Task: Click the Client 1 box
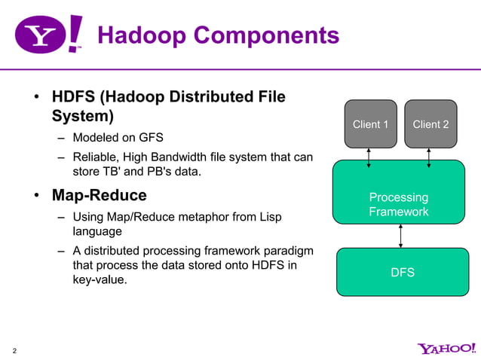tap(370, 124)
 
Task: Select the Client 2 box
tap(430, 124)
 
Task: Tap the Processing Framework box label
tap(398, 205)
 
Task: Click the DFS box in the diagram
tap(402, 272)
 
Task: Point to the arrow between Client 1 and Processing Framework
tap(369, 158)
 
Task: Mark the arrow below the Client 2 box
tap(429, 158)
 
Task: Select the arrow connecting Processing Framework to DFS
tap(400, 233)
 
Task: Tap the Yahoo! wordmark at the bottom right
tap(446, 348)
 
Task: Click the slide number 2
tap(15, 350)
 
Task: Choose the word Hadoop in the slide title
tap(144, 35)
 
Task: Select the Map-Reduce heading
tap(99, 196)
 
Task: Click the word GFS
tap(149, 138)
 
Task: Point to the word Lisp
tap(269, 217)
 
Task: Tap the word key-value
tap(98, 280)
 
